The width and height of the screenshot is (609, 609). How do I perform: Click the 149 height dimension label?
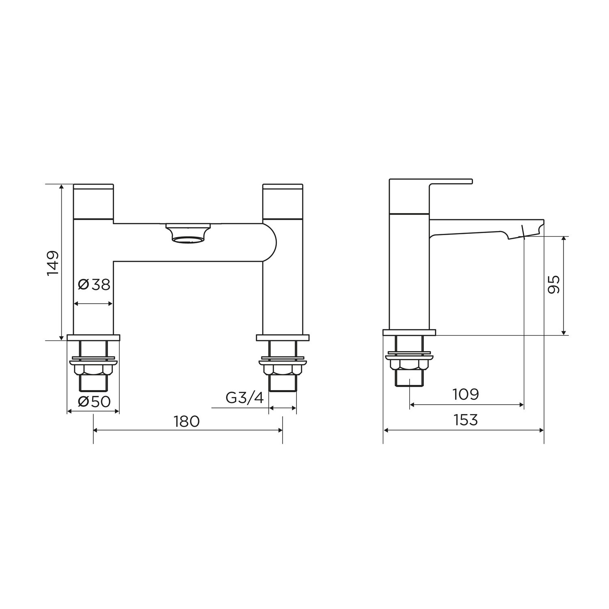53,263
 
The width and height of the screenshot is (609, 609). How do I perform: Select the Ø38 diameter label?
94,285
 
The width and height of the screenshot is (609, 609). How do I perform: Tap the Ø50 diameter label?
94,402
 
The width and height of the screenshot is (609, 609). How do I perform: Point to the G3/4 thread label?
244,398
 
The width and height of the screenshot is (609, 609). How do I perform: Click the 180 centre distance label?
187,421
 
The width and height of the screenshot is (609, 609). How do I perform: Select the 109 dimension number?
466,394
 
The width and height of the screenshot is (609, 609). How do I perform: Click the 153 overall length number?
466,420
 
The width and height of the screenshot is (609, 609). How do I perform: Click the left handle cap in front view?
93,201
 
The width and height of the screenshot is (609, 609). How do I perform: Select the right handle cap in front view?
283,201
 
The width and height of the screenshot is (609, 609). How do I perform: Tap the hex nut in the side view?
409,364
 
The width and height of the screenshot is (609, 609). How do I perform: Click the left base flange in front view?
93,337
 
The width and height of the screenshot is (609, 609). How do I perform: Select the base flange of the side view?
409,333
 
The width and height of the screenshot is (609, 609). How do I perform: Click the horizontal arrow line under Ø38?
93,303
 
